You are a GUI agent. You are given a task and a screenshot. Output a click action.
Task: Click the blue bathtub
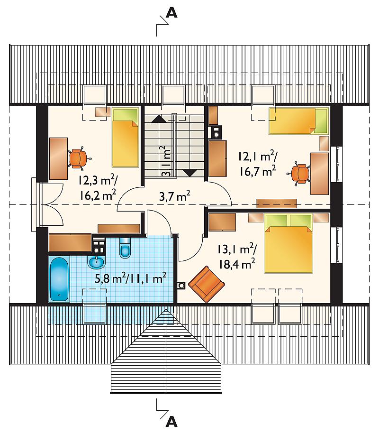pyautogui.click(x=59, y=279)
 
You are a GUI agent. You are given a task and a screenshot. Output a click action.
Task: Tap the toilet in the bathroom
pyautogui.click(x=125, y=247)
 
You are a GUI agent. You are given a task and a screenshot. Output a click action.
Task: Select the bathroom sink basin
pyautogui.click(x=97, y=262)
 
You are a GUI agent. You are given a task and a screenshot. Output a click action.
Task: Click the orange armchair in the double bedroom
pyautogui.click(x=206, y=284)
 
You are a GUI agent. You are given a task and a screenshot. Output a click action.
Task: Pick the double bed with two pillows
pyautogui.click(x=289, y=243)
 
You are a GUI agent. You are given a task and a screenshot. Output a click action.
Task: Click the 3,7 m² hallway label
pyautogui.click(x=175, y=197)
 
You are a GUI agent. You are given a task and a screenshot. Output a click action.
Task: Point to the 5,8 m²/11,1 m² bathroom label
pyautogui.click(x=130, y=278)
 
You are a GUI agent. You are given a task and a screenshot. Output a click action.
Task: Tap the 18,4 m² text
pyautogui.click(x=237, y=264)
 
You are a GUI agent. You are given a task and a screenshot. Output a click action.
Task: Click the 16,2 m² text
pyautogui.click(x=98, y=195)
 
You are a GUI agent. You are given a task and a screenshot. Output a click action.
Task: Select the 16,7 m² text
pyautogui.click(x=257, y=172)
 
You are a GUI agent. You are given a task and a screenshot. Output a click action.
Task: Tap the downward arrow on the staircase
pyautogui.click(x=190, y=173)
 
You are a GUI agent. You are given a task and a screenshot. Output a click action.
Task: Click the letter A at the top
pyautogui.click(x=171, y=13)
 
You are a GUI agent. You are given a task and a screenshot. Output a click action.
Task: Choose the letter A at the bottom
pyautogui.click(x=171, y=422)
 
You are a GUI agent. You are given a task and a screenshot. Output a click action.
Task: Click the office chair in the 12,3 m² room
pyautogui.click(x=79, y=158)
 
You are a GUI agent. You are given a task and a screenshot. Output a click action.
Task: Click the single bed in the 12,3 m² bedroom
pyautogui.click(x=125, y=138)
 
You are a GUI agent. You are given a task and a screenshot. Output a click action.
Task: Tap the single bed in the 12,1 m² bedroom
pyautogui.click(x=299, y=120)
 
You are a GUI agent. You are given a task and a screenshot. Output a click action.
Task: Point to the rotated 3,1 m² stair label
pyautogui.click(x=166, y=161)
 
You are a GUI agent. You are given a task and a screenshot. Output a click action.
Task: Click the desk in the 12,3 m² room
pyautogui.click(x=58, y=158)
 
